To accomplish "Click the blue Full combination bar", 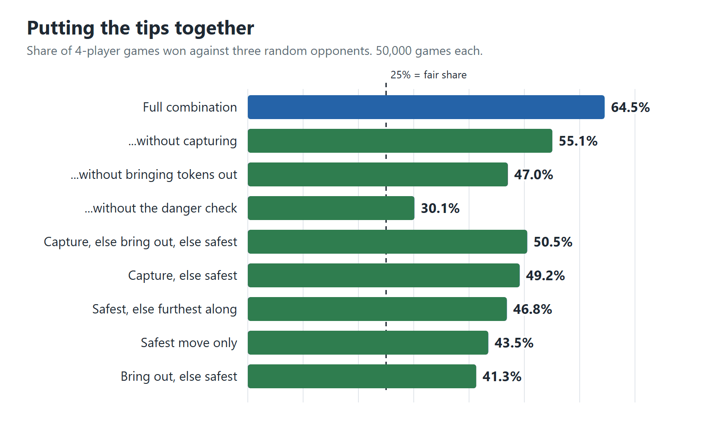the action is click(x=426, y=107).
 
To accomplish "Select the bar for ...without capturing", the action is click(x=400, y=141).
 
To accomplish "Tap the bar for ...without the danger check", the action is click(x=331, y=208).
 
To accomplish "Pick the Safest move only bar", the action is click(x=368, y=343).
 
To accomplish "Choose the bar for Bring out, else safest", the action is click(x=362, y=376).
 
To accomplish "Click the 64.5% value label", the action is click(x=630, y=108).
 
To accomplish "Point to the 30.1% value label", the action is click(x=440, y=209).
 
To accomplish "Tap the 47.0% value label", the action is click(x=534, y=175).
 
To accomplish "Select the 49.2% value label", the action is click(x=545, y=276).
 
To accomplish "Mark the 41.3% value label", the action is click(x=502, y=376).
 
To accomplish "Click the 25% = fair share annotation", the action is click(x=428, y=75).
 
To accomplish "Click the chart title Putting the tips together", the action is click(x=140, y=28).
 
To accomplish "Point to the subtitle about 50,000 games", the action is click(x=254, y=51).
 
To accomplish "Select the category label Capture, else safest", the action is click(x=182, y=276).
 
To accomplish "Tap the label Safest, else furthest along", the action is click(x=164, y=309).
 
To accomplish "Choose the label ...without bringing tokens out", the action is click(x=154, y=174).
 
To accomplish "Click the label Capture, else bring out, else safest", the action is click(x=140, y=242).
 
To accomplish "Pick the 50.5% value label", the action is click(x=553, y=242).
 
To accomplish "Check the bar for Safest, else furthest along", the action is click(x=377, y=309).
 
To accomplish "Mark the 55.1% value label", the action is click(x=578, y=141).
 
